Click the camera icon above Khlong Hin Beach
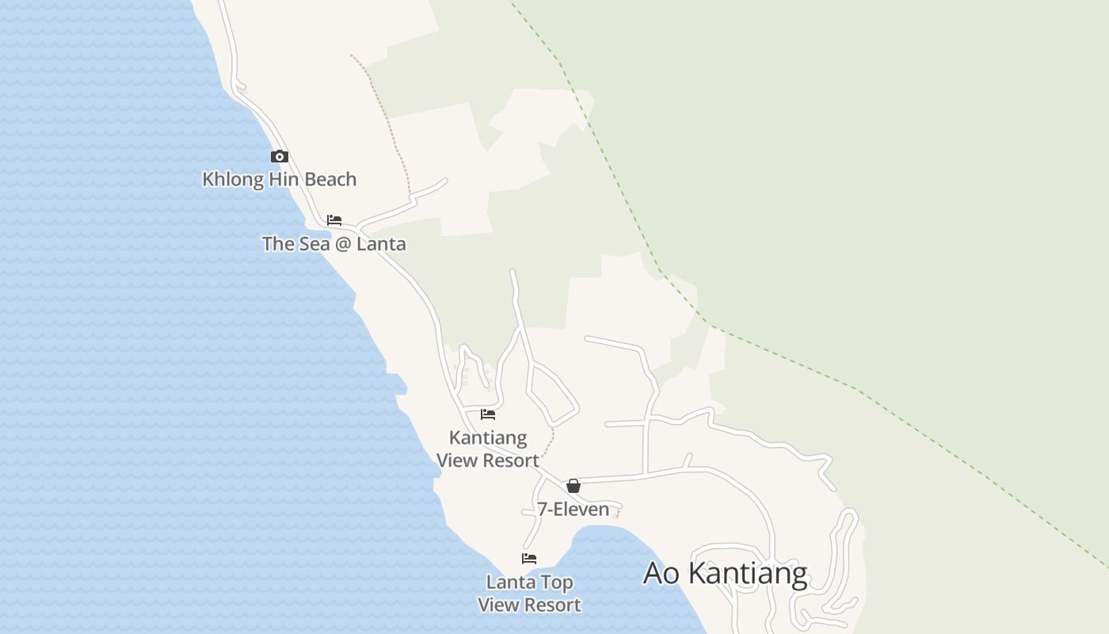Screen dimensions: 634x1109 coord(280,156)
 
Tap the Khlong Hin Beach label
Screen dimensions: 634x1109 coord(280,179)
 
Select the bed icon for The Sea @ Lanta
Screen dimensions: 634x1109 coord(334,220)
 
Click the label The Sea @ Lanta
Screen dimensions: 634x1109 coord(333,243)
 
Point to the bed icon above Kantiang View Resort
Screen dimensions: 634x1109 coord(488,414)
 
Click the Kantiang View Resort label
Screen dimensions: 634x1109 coord(488,449)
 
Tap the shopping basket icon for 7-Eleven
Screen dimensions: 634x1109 coord(574,486)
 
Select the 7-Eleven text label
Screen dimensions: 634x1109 coord(574,509)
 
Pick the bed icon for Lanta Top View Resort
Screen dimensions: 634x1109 coord(529,559)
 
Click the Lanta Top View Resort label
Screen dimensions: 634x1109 coord(529,594)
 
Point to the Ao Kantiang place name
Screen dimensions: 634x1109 coord(725,573)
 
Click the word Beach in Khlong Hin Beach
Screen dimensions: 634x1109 coord(330,179)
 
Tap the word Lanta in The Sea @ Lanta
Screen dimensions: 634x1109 coord(381,243)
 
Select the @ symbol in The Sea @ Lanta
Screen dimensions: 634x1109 coord(343,244)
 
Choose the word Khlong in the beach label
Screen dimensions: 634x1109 coord(233,179)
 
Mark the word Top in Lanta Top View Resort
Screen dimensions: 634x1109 coord(558,582)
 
